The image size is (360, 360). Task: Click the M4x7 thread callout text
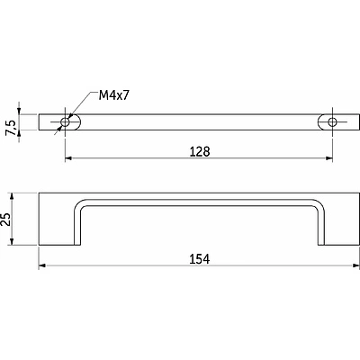coord(114,95)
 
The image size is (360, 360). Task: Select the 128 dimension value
coord(200,152)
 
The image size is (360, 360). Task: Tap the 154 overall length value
coord(200,259)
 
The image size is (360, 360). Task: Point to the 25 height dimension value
coord(5,220)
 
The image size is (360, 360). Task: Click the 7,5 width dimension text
coord(11,127)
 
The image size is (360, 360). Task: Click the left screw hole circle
coord(65,122)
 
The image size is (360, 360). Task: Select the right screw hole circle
coord(332,122)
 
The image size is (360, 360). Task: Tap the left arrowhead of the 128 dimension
coord(68,158)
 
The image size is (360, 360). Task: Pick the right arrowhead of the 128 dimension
coord(329,158)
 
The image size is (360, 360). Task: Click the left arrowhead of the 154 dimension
coord(42,265)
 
